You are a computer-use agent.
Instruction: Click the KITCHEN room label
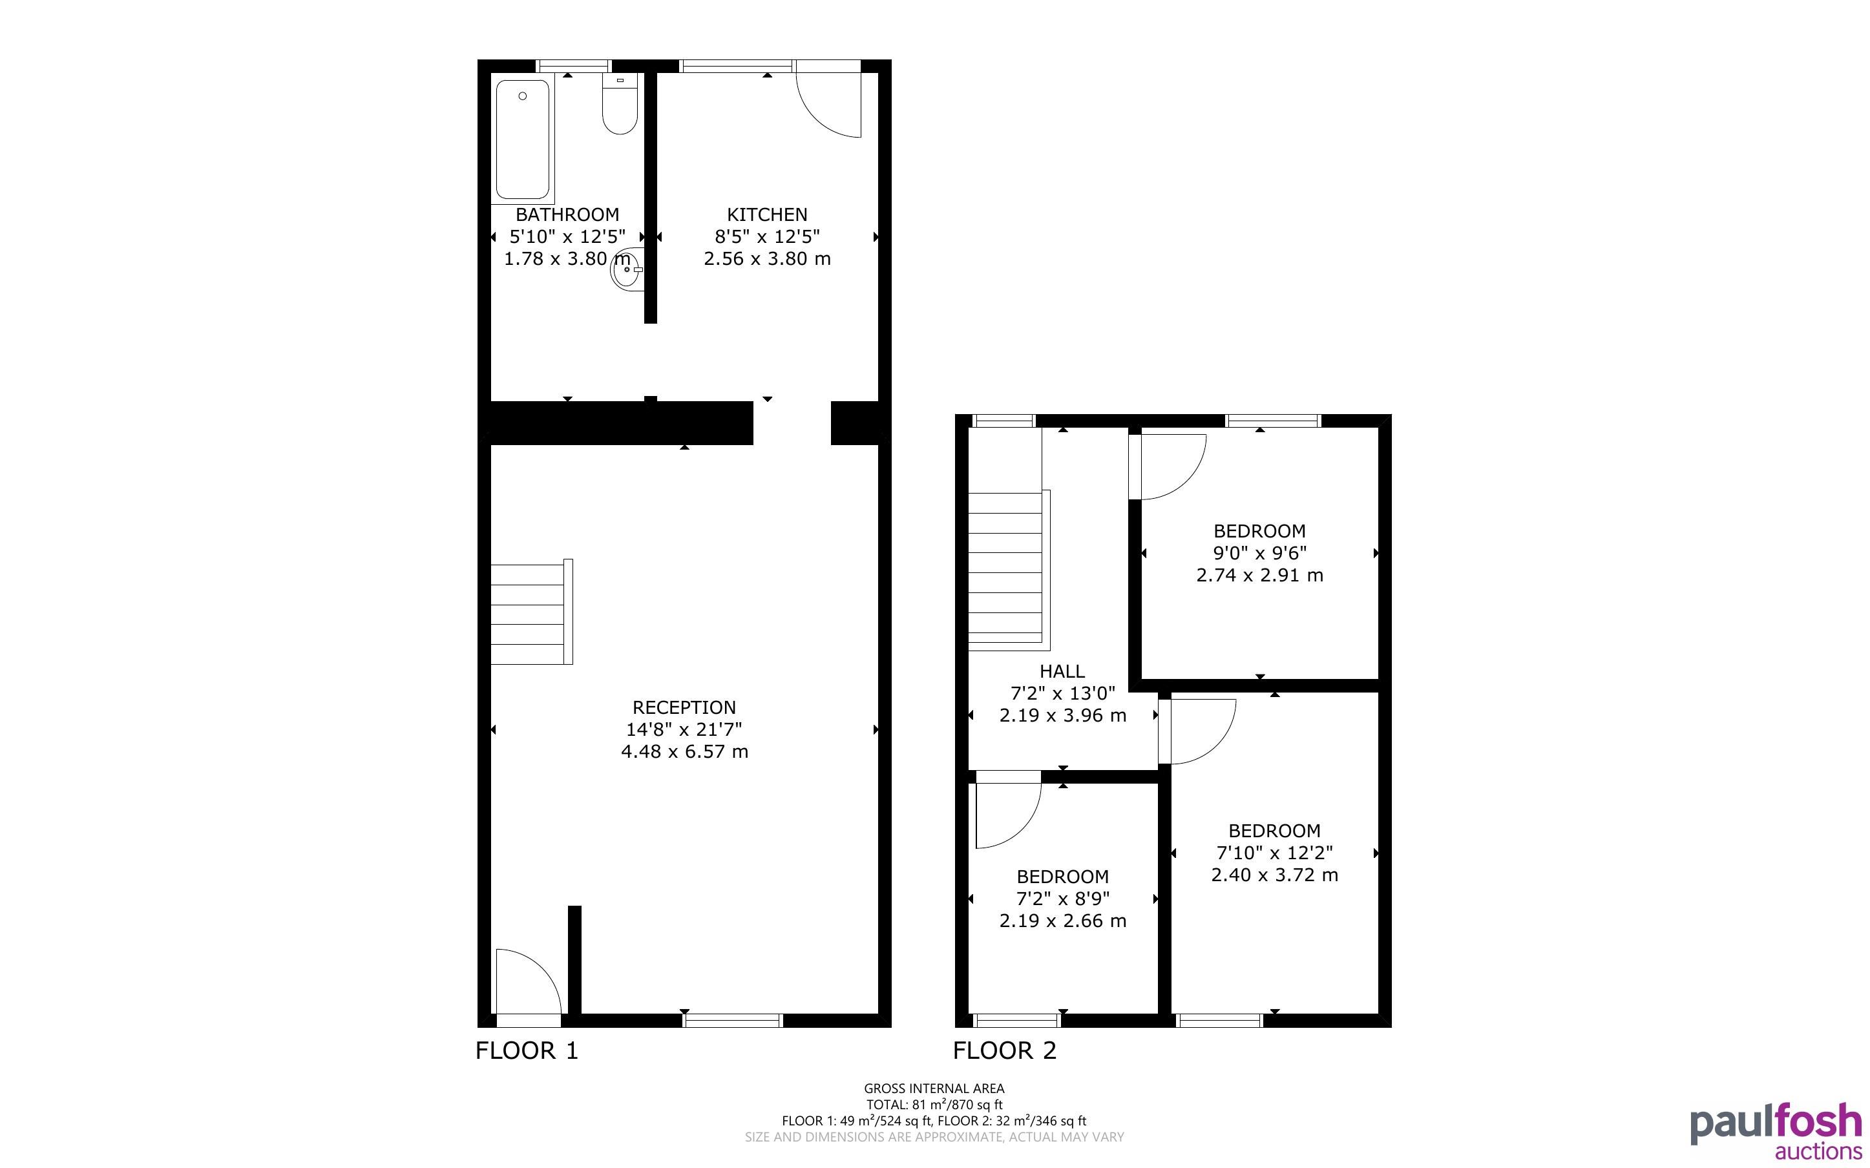click(767, 214)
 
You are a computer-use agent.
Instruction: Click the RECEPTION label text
click(684, 707)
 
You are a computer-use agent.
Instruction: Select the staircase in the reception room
click(531, 611)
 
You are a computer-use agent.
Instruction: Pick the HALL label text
click(1062, 671)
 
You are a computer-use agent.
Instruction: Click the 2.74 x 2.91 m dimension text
click(1260, 576)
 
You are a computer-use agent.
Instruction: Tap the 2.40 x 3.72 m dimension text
click(1274, 875)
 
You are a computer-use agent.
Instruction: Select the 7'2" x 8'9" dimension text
click(1063, 899)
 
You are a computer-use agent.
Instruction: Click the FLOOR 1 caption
click(527, 1050)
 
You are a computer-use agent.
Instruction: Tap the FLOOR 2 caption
click(1004, 1050)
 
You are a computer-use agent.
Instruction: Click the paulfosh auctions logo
click(1776, 1132)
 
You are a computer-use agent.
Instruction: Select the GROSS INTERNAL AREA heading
click(934, 1089)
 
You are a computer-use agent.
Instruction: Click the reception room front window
click(733, 1021)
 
